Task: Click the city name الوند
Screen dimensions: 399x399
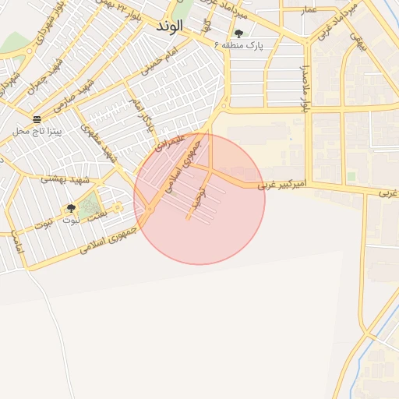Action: [x=168, y=26]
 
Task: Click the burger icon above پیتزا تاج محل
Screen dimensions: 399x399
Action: [x=37, y=118]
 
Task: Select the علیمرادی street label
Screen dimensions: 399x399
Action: [x=168, y=143]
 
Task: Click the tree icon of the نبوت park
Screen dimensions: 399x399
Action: [x=71, y=209]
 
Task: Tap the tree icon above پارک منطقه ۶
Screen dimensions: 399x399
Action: [x=238, y=34]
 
